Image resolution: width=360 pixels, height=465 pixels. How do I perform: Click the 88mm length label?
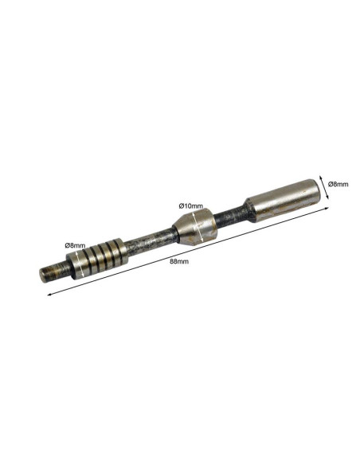179,261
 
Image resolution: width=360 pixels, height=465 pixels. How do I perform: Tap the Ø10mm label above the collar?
191,205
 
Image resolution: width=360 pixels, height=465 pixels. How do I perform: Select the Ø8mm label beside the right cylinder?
338,184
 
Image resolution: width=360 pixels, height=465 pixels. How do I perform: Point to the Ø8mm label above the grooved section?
75,245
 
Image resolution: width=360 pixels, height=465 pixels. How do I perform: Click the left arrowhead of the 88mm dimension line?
49,295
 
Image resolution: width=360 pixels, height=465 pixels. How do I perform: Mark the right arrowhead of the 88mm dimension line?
327,208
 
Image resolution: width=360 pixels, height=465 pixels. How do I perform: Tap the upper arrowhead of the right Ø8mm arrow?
320,177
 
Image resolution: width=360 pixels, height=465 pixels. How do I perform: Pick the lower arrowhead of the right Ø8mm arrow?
327,197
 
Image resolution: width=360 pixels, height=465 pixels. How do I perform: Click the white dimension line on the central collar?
198,227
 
